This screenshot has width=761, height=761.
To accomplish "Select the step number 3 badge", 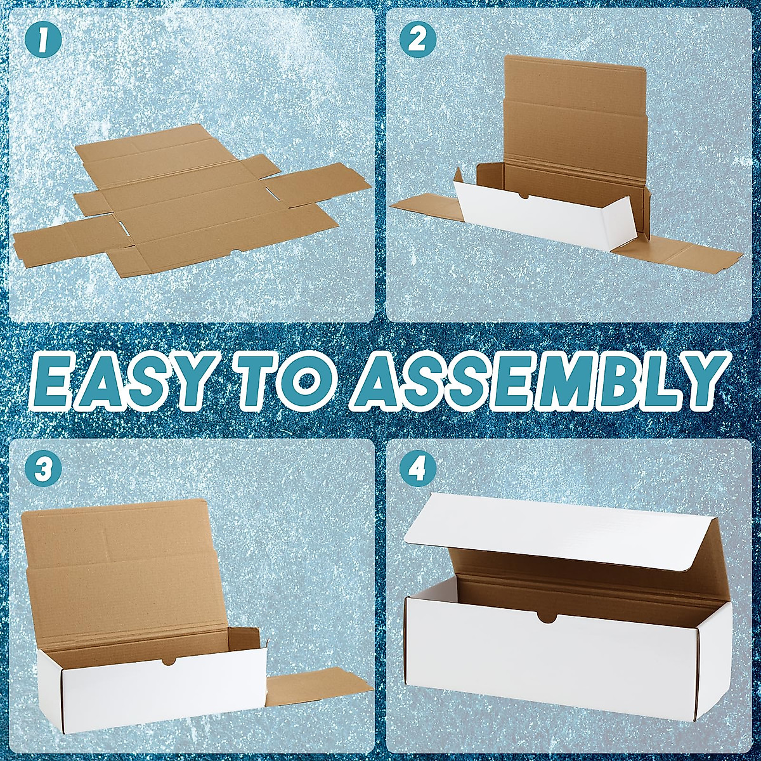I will click(43, 470).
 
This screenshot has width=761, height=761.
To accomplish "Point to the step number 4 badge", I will click(417, 470).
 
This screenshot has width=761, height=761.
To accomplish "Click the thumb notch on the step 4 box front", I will click(547, 616).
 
